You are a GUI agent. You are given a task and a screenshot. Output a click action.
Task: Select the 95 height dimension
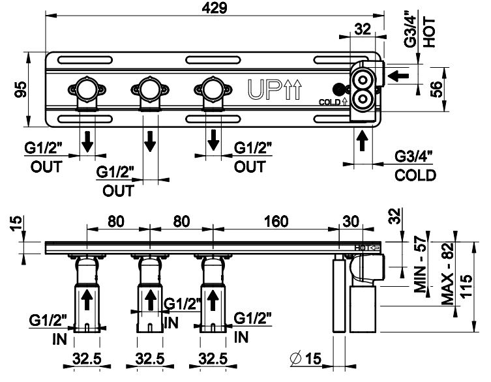[x=20, y=89]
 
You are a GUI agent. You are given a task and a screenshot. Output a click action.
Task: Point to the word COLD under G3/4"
[x=415, y=175]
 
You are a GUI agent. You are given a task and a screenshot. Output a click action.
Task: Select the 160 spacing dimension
[x=276, y=221]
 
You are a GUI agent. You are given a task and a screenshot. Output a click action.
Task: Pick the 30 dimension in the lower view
[x=351, y=221]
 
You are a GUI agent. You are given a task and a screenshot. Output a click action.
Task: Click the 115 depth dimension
[x=465, y=287]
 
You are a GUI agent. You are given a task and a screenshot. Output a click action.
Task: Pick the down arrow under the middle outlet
[x=151, y=140]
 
